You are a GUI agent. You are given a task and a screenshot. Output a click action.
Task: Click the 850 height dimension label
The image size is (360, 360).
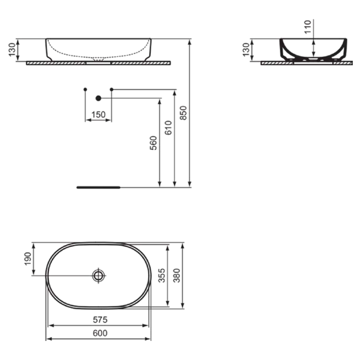coord(183,113)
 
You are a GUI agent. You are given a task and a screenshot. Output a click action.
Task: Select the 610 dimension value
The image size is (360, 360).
coord(168,128)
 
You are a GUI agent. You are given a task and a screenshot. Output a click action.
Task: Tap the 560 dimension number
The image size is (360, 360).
coord(153,143)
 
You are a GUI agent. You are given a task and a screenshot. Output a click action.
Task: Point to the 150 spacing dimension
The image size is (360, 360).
coord(98,115)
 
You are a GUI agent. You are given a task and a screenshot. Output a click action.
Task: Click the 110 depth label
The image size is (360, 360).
coord(308,27)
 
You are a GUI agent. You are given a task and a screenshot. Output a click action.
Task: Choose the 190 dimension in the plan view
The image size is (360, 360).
coord(28,259)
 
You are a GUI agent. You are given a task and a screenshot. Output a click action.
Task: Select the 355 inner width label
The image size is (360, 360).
coord(161,275)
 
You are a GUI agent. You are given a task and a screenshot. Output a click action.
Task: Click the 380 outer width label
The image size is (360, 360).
coord(176,275)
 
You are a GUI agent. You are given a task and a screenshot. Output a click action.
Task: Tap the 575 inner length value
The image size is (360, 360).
coord(100,319)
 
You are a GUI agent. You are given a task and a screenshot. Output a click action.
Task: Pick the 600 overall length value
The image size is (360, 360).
coord(100,333)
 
